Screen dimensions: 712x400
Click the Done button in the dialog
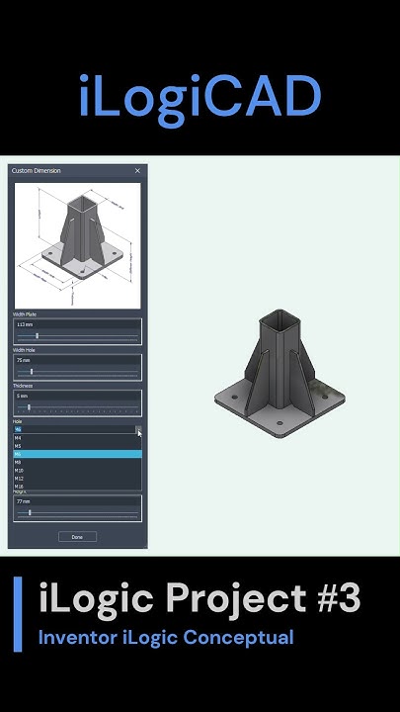[77, 537]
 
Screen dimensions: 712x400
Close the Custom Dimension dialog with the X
[137, 171]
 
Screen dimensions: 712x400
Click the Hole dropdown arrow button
[138, 429]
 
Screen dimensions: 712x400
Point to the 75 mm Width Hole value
[23, 361]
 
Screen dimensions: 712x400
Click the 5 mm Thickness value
[22, 396]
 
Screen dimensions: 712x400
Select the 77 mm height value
[23, 501]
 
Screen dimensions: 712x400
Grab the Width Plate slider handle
[37, 336]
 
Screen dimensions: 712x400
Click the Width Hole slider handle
[32, 372]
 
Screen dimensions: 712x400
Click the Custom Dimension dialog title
[36, 171]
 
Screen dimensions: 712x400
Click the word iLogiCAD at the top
[200, 97]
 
